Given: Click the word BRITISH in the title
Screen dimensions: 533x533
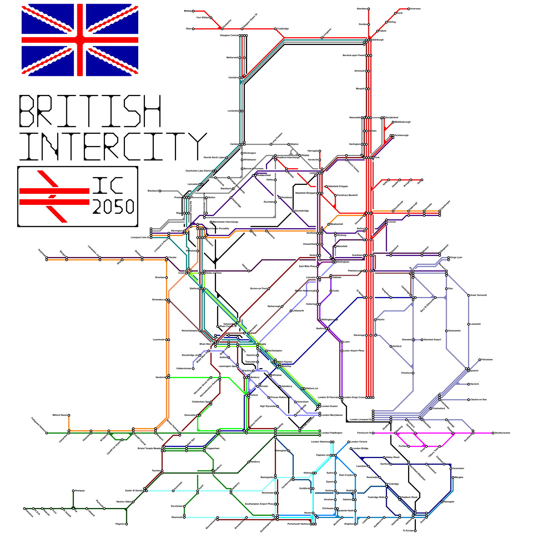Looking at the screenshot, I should point(90,111).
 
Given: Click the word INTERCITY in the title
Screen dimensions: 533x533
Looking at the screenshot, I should point(113,146).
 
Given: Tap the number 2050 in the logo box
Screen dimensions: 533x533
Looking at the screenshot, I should point(113,207).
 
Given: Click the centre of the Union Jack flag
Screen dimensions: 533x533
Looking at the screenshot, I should point(80,40).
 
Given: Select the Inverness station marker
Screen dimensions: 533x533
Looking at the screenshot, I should point(409,9).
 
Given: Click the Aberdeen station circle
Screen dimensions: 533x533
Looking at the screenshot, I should point(368,9).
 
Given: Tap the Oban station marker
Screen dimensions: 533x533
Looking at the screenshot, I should point(193,29).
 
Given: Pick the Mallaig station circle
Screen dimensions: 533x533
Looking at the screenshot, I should point(193,11).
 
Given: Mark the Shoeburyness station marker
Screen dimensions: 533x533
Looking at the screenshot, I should point(493,433).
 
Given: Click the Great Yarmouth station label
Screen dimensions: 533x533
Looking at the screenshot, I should point(479,295).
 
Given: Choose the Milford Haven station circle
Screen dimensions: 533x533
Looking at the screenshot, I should point(69,415).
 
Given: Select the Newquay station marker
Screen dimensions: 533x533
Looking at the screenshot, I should point(73,491).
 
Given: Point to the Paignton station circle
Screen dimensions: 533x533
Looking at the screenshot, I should point(127,524).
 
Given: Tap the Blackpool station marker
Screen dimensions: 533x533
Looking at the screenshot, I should point(160,191).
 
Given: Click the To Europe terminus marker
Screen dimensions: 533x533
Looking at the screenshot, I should point(415,531).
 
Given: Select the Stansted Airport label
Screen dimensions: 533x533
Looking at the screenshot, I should point(432,339).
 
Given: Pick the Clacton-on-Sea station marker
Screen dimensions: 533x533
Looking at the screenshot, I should point(469,400).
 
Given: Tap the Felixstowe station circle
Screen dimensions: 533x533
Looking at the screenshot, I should point(480,360).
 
